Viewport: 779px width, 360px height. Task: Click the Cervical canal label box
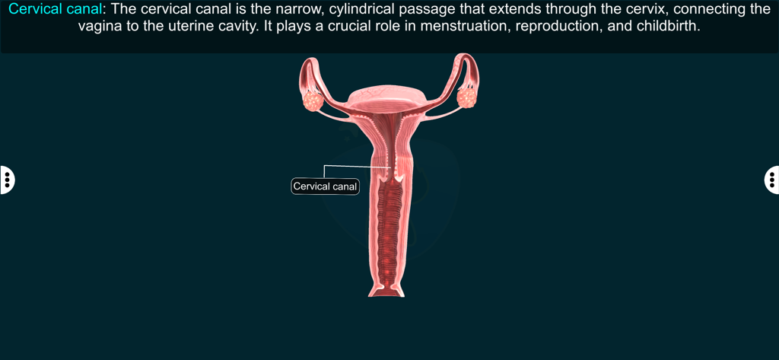pos(325,186)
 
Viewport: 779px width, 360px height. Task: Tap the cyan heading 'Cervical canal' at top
pos(54,9)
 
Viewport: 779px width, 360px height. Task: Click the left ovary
pos(313,100)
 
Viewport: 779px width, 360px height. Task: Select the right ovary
pos(466,97)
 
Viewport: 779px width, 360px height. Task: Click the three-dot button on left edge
pos(6,180)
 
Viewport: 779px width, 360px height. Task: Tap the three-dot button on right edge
pos(772,180)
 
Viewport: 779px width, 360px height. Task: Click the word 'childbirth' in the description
pos(660,25)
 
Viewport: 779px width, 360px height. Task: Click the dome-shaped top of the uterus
pos(387,93)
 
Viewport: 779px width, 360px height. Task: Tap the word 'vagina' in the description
pos(100,25)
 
